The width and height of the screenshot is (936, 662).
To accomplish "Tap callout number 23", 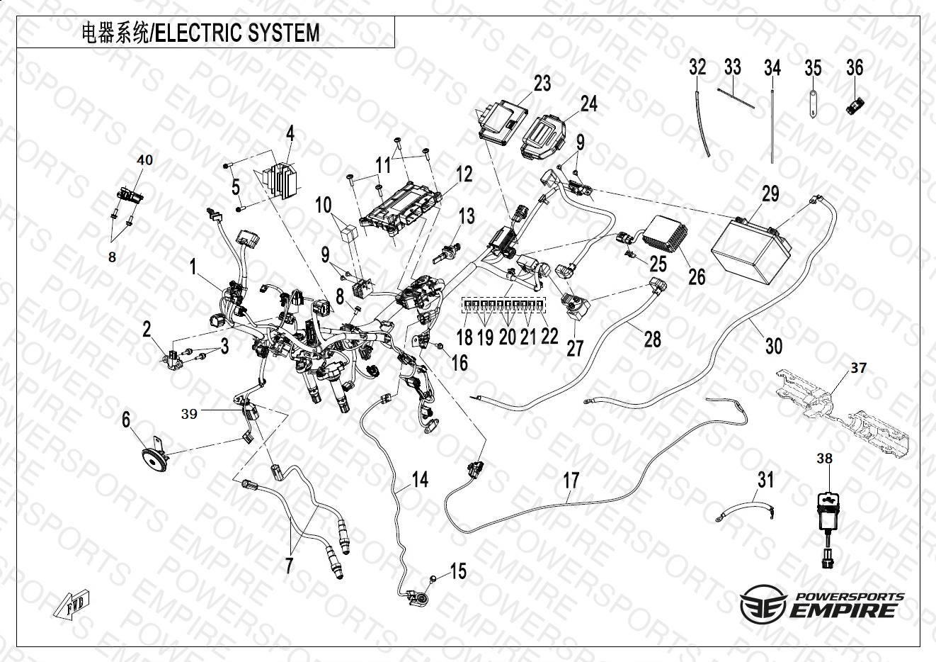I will (542, 84).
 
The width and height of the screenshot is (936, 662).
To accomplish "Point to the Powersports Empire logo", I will (821, 605).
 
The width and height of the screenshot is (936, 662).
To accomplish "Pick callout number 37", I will (858, 368).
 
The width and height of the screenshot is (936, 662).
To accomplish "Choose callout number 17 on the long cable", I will (571, 480).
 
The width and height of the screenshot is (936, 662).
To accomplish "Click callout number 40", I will (144, 161).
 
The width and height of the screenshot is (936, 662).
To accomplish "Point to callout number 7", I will (288, 566).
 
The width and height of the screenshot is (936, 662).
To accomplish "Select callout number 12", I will (464, 174).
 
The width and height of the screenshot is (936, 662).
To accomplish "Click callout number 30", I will (774, 345).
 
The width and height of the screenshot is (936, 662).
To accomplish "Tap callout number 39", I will (189, 414).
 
